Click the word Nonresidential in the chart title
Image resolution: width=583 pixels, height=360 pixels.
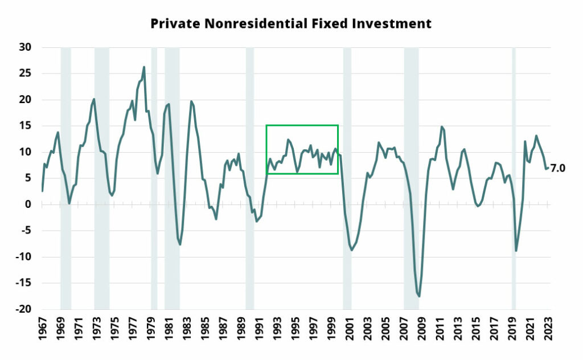(x=256, y=23)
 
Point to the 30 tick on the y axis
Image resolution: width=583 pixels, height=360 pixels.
(x=25, y=47)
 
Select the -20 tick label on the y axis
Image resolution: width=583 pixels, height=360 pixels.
(x=23, y=309)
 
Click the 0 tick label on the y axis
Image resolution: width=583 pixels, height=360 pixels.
(x=28, y=204)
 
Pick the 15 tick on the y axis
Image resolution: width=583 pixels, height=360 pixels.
(x=25, y=126)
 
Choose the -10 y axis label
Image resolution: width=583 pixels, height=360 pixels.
(x=23, y=256)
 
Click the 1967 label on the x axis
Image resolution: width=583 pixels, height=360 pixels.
(x=42, y=328)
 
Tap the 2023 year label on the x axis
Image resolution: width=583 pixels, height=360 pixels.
(x=548, y=328)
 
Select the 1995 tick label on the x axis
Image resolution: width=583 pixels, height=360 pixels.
(x=295, y=328)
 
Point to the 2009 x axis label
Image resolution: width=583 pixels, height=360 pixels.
(x=422, y=328)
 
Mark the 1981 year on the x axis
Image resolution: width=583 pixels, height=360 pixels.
(x=169, y=328)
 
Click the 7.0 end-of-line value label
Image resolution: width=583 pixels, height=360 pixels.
(x=558, y=169)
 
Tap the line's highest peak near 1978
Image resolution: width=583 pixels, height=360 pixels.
(x=144, y=67)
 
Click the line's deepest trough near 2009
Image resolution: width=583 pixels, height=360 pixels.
(x=419, y=296)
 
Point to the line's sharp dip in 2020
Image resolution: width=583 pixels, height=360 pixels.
(x=516, y=251)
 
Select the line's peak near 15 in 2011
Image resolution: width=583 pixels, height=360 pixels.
(x=442, y=127)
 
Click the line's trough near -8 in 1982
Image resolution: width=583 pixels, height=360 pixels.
(x=180, y=244)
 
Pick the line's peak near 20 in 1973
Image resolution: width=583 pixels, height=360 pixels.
(x=94, y=99)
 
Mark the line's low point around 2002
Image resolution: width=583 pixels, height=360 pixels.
(x=352, y=250)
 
